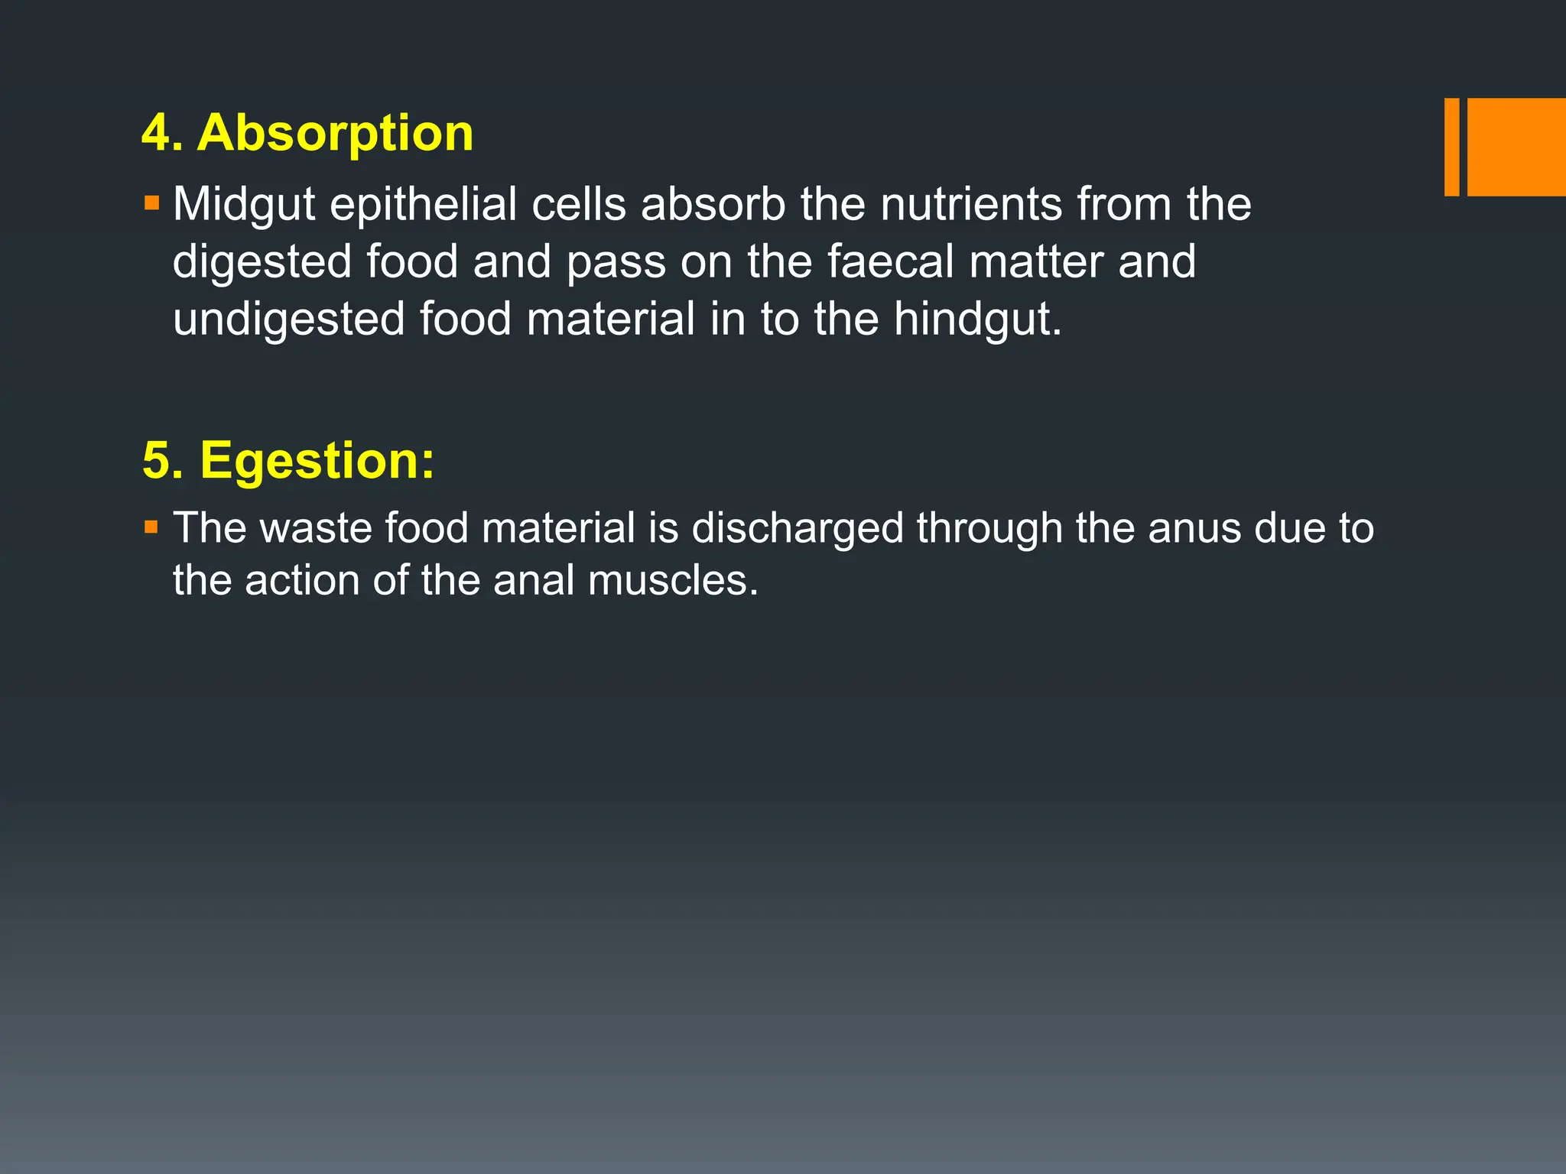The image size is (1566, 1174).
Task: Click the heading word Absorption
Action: pyautogui.click(x=335, y=134)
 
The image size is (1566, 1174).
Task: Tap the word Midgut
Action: pyautogui.click(x=244, y=205)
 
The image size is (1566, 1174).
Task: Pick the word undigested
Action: pyautogui.click(x=288, y=319)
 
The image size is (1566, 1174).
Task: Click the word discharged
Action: pyautogui.click(x=797, y=528)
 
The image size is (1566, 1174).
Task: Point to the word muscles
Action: pyautogui.click(x=673, y=581)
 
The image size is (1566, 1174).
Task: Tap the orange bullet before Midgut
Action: pyautogui.click(x=151, y=204)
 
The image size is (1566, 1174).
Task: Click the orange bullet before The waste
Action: pyautogui.click(x=151, y=527)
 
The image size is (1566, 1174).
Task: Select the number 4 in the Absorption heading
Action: pyautogui.click(x=155, y=134)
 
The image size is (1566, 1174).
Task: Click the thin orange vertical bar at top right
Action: pyautogui.click(x=1451, y=147)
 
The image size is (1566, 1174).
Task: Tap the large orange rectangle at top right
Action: pyautogui.click(x=1516, y=147)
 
